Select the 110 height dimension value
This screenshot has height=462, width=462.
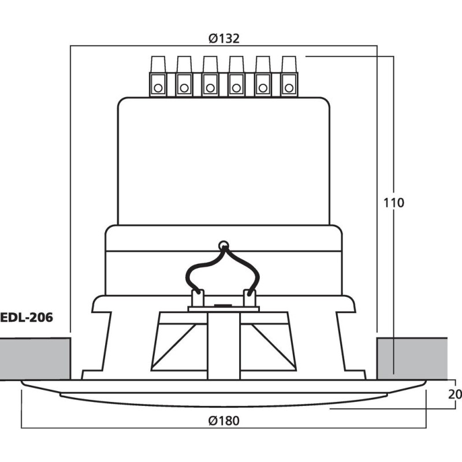pos(394,203)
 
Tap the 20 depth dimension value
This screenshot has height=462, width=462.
pos(455,394)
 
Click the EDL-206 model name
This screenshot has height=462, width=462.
pos(27,316)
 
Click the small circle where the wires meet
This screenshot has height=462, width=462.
pos(223,244)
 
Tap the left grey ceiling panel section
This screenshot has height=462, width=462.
pos(35,359)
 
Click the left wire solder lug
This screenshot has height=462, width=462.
pos(198,297)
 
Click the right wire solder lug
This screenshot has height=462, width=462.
pos(249,297)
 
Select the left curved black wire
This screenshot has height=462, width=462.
pos(196,269)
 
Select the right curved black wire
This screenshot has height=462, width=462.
pos(251,269)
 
